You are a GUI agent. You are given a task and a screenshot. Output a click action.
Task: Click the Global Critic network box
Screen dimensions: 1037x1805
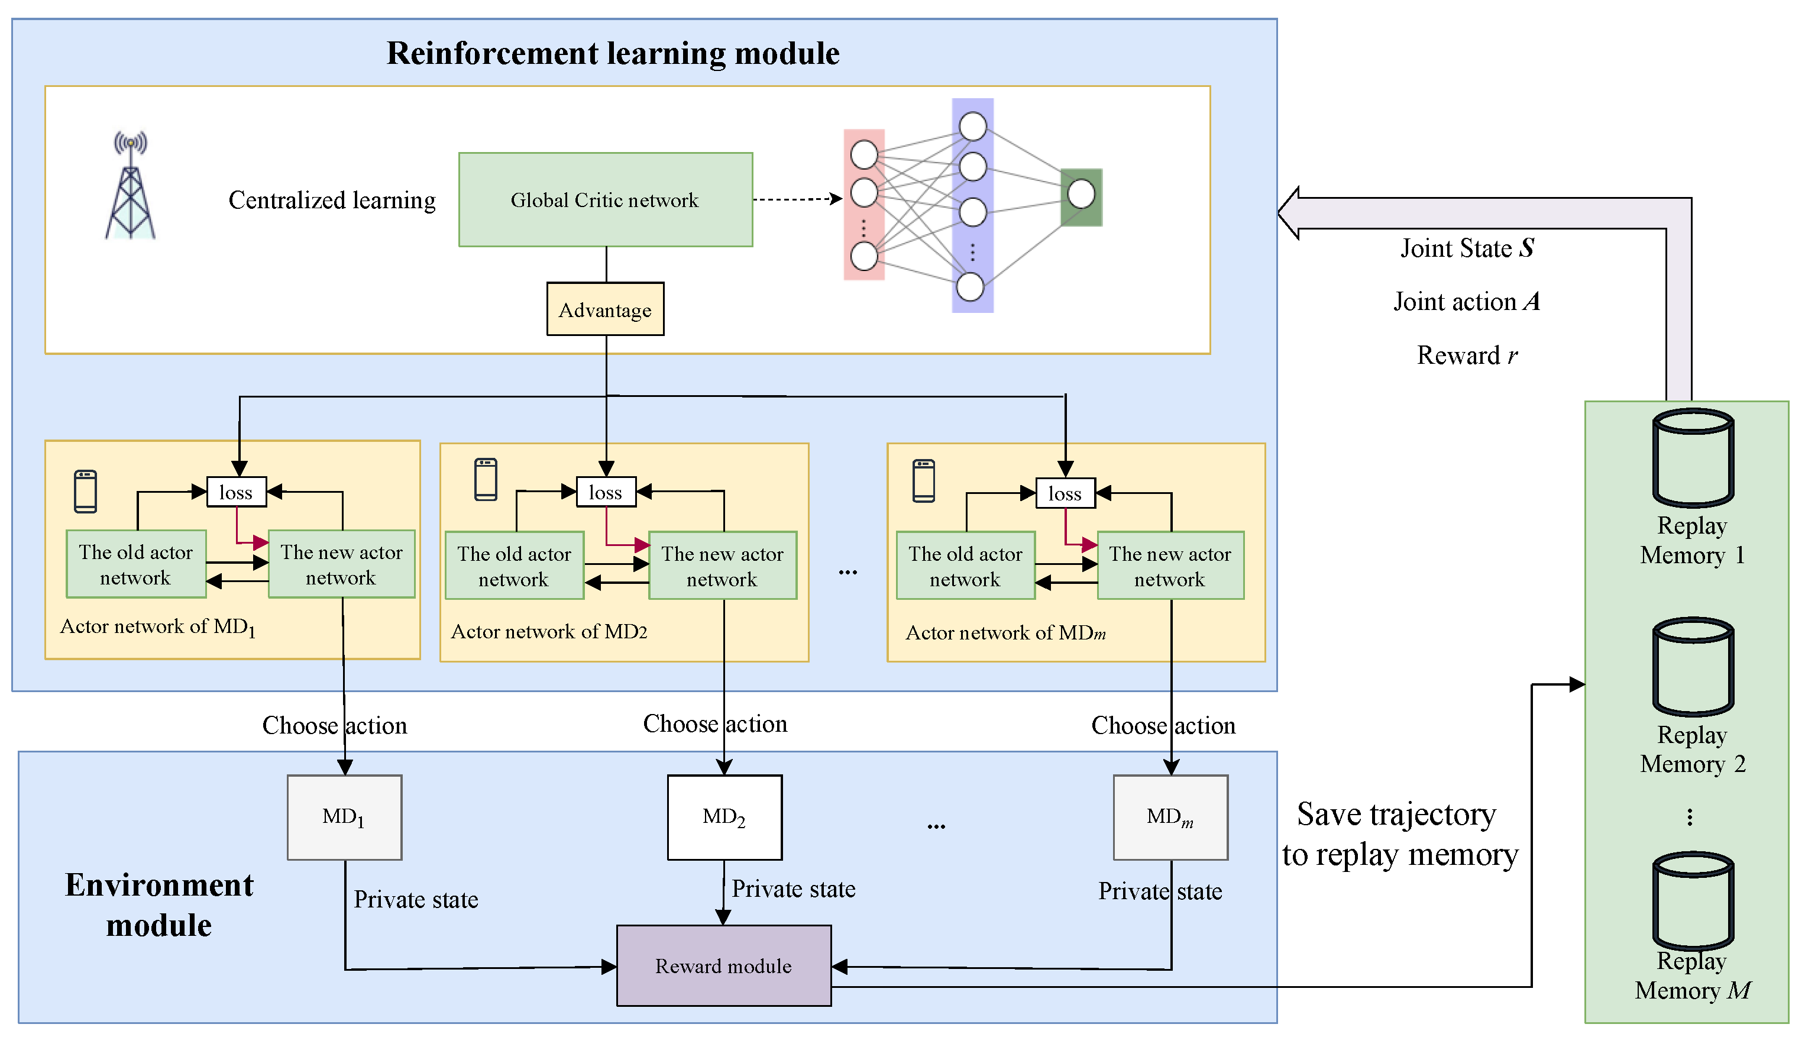pyautogui.click(x=605, y=199)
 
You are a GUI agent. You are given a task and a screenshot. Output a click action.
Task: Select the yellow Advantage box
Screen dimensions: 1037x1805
pyautogui.click(x=605, y=309)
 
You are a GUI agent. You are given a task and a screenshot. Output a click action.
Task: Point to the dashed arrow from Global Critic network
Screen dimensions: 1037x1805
pyautogui.click(x=797, y=199)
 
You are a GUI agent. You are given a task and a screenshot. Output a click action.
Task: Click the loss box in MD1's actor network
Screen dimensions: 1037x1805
pyautogui.click(x=237, y=492)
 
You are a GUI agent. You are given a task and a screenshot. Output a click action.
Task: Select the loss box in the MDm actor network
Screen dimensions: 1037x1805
pyautogui.click(x=1065, y=493)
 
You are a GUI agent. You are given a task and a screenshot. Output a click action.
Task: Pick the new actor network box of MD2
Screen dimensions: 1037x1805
pyautogui.click(x=722, y=566)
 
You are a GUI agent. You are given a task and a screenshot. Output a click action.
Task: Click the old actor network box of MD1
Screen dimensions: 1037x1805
pyautogui.click(x=136, y=564)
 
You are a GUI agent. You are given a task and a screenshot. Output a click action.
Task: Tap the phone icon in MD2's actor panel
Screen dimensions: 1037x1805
pyautogui.click(x=486, y=479)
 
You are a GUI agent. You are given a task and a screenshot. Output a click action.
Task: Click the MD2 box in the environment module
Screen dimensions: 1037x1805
pyautogui.click(x=724, y=817)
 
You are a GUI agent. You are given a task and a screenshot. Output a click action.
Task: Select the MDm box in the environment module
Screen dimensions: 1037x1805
pyautogui.click(x=1170, y=817)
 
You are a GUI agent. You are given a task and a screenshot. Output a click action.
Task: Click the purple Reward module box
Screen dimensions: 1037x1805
pyautogui.click(x=723, y=966)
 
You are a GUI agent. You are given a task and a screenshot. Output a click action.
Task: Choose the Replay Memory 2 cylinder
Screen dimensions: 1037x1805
pyautogui.click(x=1693, y=667)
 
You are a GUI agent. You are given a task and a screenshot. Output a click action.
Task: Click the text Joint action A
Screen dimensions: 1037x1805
pyautogui.click(x=1467, y=301)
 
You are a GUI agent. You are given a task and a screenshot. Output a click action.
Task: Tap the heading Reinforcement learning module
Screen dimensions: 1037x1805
pyautogui.click(x=613, y=53)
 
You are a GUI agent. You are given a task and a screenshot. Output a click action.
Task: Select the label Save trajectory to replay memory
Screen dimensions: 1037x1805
pyautogui.click(x=1399, y=834)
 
